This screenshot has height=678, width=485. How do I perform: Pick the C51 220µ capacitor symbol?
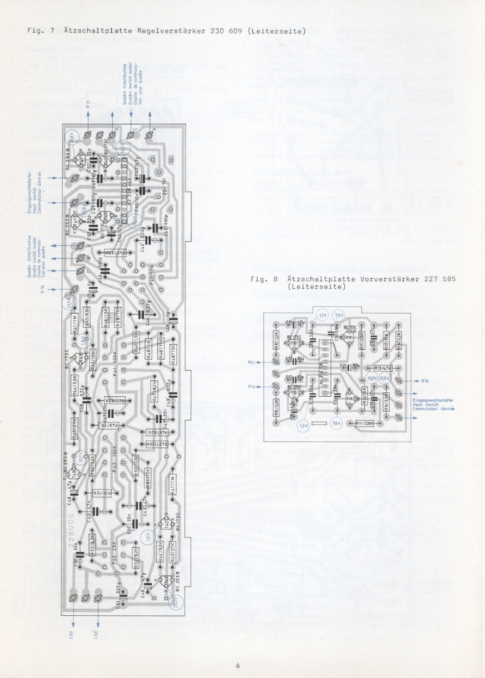123,598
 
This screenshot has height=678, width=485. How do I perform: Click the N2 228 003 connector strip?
123,191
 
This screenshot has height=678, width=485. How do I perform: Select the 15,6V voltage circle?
372,378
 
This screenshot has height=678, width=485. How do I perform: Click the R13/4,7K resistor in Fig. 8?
384,368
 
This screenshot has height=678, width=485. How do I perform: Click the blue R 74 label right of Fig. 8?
425,381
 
